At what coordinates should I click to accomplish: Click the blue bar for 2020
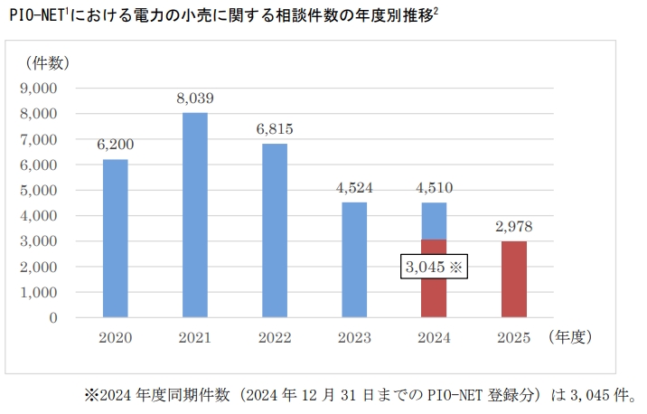[115, 239]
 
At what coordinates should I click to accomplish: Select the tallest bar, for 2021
[194, 215]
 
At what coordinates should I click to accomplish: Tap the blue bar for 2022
[274, 231]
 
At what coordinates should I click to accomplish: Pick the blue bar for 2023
[353, 260]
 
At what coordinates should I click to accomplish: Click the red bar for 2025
[512, 279]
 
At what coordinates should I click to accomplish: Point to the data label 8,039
[194, 99]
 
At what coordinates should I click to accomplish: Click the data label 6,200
[115, 146]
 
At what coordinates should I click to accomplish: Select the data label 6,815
[274, 129]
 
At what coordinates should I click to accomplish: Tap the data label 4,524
[353, 188]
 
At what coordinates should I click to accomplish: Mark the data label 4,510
[433, 188]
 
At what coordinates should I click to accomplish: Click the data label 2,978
[512, 228]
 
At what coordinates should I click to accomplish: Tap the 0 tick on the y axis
[53, 318]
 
